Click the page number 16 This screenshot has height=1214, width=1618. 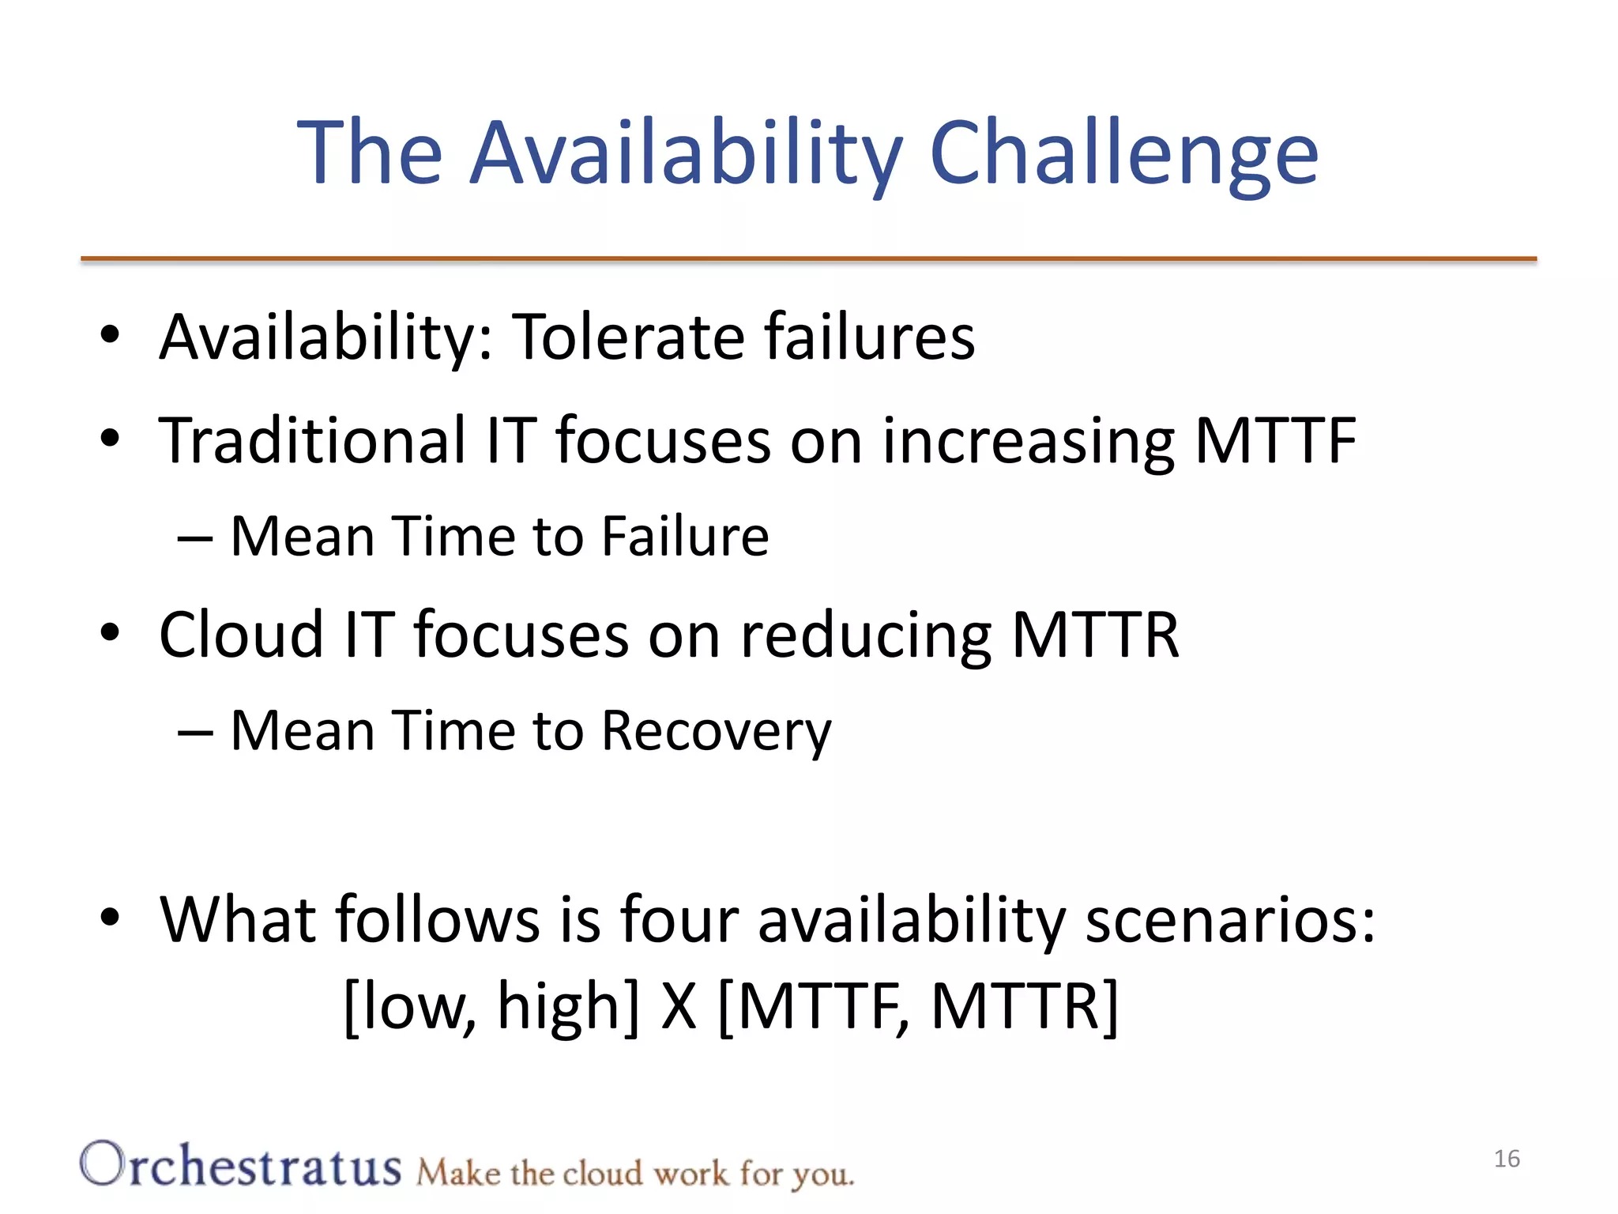coord(1507,1159)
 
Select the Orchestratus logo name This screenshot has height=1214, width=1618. coord(241,1166)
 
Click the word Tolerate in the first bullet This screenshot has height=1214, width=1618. coord(628,337)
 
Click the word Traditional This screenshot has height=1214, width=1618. coord(313,440)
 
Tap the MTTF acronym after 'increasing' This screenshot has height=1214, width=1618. coord(1274,440)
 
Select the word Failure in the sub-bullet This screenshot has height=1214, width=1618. coord(684,537)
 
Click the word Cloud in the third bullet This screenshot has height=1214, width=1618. coord(241,634)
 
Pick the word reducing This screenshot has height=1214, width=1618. coord(866,634)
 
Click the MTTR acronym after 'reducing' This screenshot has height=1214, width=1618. coord(1095,634)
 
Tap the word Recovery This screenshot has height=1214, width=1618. coord(716,730)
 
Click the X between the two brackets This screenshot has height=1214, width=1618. coord(679,1006)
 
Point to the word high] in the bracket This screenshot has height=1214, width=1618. coord(568,1006)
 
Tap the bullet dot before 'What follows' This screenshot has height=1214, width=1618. coord(110,917)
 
